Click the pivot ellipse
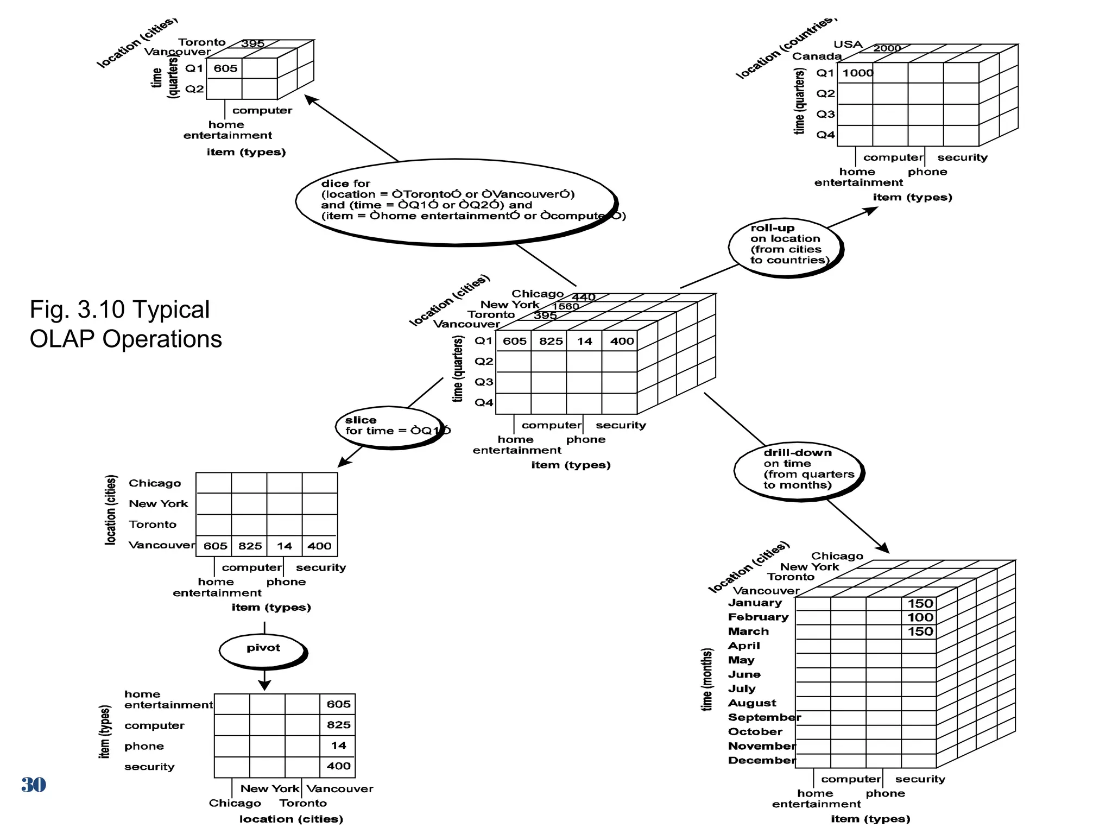tap(263, 650)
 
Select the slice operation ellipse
tap(390, 427)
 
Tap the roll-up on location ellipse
tap(785, 247)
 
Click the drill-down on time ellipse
tap(798, 470)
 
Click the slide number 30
tap(33, 785)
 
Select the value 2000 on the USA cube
tap(887, 48)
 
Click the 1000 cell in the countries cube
tap(857, 73)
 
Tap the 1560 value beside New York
tap(565, 306)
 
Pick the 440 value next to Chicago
tap(583, 297)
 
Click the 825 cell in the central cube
tap(551, 342)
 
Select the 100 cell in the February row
tap(920, 617)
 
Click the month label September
tap(764, 717)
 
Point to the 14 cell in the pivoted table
tap(338, 745)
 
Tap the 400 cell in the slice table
tap(319, 546)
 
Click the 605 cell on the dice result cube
tap(225, 68)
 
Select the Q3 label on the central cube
tap(484, 382)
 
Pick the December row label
tap(761, 760)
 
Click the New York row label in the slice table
tap(158, 504)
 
